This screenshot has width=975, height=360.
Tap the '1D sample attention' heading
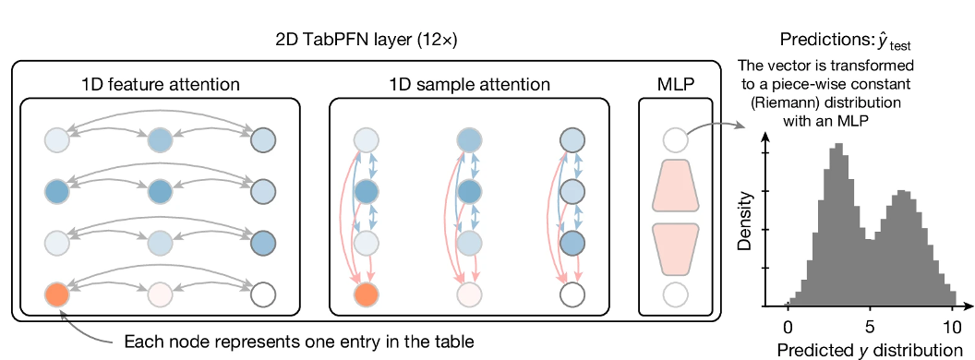click(x=470, y=85)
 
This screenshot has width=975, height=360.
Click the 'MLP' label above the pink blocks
click(x=674, y=85)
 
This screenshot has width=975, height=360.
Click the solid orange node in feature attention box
click(x=57, y=294)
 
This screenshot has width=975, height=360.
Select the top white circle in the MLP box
click(x=674, y=141)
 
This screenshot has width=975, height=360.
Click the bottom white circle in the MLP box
click(x=674, y=294)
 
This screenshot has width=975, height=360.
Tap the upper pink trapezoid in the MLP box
click(x=674, y=185)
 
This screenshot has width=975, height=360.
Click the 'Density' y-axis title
click(x=744, y=222)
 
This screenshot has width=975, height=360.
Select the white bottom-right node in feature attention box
click(x=264, y=294)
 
